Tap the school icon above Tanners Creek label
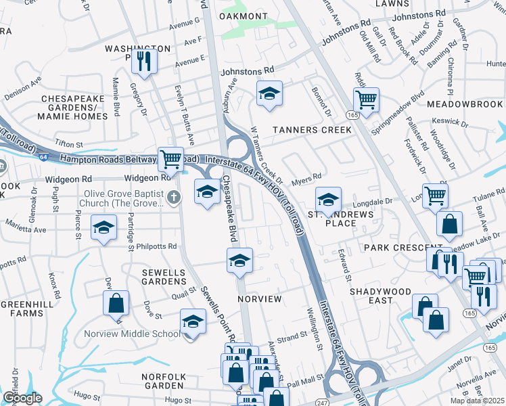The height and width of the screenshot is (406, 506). point(269,94)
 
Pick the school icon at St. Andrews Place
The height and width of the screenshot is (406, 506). point(328,200)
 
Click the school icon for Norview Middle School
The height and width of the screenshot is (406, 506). point(193,321)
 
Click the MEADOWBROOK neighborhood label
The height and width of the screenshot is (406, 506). point(465,104)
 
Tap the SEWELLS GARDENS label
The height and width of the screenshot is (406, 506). point(163,277)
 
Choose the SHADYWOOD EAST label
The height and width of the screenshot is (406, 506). point(371,296)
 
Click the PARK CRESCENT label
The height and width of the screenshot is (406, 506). point(394,248)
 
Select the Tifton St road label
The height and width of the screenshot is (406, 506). point(68,144)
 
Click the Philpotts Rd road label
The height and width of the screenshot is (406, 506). point(156,247)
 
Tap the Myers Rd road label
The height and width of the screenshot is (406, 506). point(306,181)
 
